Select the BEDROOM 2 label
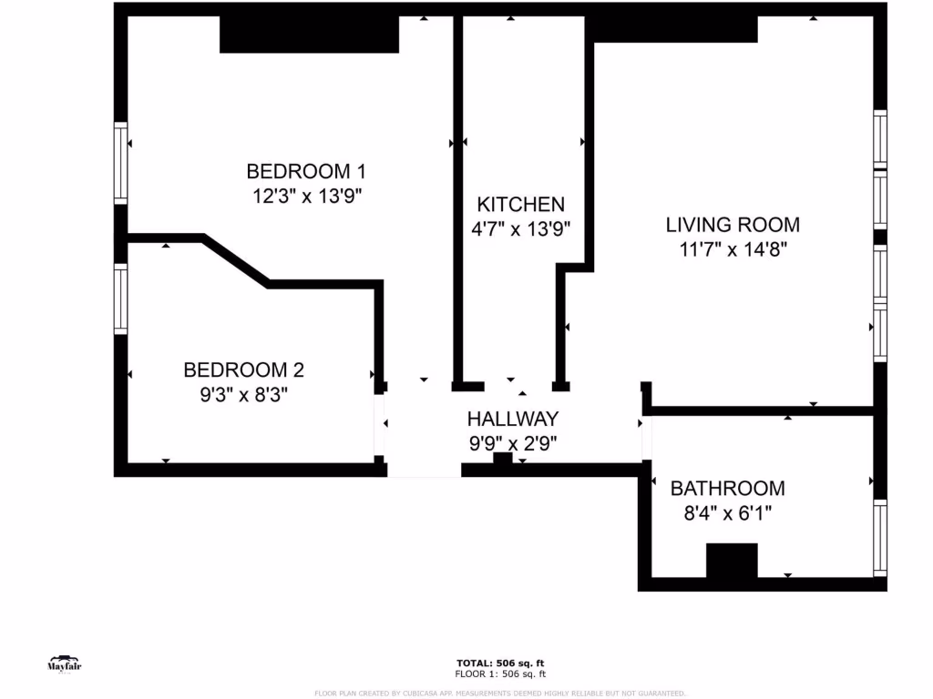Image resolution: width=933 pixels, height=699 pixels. [243, 370]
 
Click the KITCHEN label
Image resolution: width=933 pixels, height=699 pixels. [520, 205]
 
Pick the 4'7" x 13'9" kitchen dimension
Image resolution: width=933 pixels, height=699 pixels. [520, 229]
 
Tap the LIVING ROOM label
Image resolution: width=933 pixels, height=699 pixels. [733, 225]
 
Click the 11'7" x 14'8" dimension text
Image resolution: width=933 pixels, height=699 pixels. [733, 249]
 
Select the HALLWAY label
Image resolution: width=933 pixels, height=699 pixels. [512, 420]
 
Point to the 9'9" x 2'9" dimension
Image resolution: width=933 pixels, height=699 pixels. [512, 444]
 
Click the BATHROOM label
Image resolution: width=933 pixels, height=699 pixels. [727, 489]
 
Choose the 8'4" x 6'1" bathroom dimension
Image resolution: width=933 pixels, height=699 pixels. [727, 513]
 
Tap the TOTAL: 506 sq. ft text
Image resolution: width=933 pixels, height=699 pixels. [500, 663]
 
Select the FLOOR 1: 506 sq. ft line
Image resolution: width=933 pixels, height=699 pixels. [500, 674]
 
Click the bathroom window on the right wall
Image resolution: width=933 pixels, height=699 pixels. [880, 537]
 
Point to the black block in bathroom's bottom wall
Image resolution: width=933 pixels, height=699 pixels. [732, 560]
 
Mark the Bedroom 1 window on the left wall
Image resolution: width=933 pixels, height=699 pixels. [120, 164]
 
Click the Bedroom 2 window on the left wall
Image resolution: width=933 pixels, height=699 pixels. [120, 298]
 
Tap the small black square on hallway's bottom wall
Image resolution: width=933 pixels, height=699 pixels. [502, 461]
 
